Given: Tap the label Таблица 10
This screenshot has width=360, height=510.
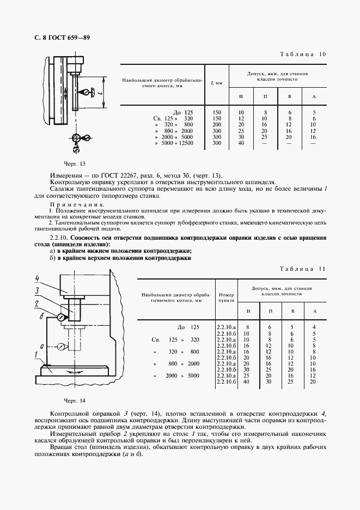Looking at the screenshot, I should [303, 54].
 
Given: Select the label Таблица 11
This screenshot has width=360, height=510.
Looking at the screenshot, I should [303, 269].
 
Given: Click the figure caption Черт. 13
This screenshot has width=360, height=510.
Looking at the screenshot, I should [75, 163].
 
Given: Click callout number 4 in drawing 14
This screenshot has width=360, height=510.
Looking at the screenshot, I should [37, 277].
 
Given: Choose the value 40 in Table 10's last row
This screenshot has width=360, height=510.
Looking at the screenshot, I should [241, 143].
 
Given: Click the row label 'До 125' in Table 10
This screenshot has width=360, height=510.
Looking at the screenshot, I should [183, 111].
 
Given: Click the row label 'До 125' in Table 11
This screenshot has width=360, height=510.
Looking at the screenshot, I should [189, 327].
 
